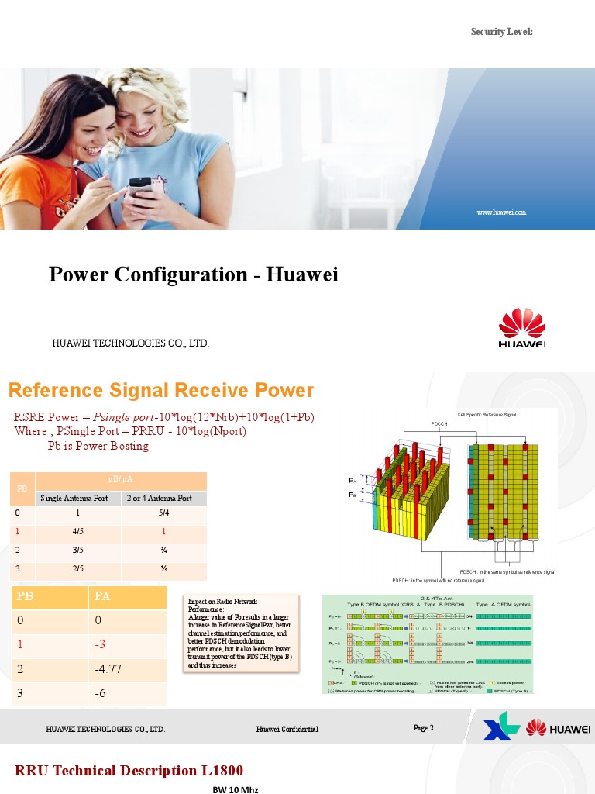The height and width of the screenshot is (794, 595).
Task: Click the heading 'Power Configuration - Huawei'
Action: (194, 275)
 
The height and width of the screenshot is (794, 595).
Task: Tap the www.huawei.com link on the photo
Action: (501, 212)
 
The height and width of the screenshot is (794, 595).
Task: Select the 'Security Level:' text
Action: (502, 31)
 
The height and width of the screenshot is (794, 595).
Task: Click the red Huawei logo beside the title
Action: (521, 329)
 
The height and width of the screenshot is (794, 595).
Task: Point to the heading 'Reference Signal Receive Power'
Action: (161, 391)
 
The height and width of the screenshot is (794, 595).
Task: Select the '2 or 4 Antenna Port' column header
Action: (160, 498)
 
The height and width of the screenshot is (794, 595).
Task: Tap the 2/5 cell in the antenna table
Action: (77, 570)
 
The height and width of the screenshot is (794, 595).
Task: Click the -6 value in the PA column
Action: (101, 693)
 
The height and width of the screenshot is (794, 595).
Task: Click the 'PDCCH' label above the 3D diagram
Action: (439, 424)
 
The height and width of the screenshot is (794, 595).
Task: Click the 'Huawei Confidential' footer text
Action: (287, 730)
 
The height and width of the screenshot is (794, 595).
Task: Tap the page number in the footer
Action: (424, 728)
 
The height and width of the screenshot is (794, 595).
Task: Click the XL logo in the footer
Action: (499, 730)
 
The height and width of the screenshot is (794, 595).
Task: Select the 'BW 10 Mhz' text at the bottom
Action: (236, 789)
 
